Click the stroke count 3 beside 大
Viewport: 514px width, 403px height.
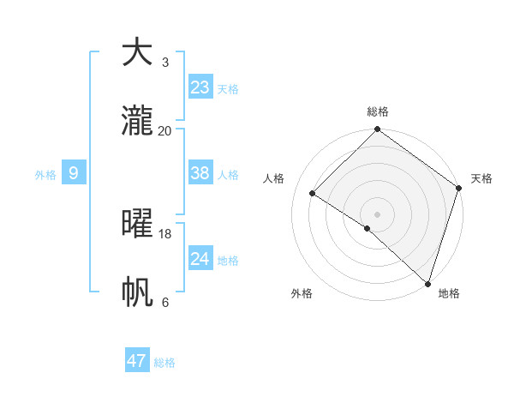tap(164, 62)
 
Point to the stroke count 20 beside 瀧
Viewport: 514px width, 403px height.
tap(165, 130)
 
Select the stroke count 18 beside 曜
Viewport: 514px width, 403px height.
tap(165, 233)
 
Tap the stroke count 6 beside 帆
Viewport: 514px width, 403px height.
tap(164, 302)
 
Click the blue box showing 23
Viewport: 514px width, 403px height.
tap(200, 87)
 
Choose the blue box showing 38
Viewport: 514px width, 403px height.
tap(200, 173)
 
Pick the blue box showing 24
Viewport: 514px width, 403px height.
tap(200, 259)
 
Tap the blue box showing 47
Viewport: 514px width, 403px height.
tap(137, 361)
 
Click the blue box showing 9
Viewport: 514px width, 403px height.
tap(74, 173)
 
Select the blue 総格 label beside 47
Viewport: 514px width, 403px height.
tap(164, 363)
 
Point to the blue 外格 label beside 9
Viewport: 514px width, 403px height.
tap(45, 175)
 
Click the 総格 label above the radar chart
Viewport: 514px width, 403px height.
tap(377, 111)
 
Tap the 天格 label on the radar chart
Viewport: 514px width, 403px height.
tap(481, 178)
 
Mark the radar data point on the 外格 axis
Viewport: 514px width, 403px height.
tap(367, 228)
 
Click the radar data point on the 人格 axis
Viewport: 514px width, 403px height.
tap(313, 194)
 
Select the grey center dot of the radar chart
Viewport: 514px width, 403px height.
tap(377, 214)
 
